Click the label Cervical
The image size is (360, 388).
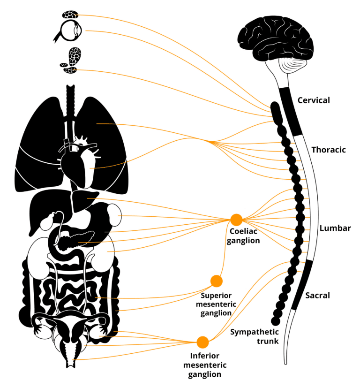tap(314, 100)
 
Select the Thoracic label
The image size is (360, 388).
tap(329, 150)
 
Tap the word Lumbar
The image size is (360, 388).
tap(335, 228)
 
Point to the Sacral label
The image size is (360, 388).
tap(317, 296)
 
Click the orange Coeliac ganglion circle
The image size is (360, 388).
tap(236, 220)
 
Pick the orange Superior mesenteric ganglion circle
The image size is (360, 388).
tap(216, 281)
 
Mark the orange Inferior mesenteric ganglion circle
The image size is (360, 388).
tap(202, 342)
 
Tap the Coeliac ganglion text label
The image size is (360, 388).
tap(243, 236)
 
